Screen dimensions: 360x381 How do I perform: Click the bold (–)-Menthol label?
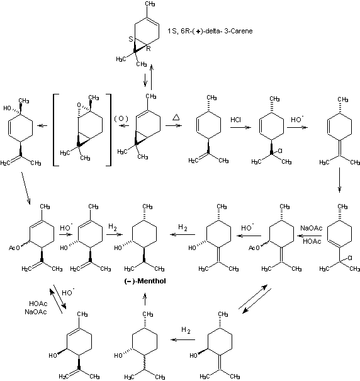(x=145, y=281)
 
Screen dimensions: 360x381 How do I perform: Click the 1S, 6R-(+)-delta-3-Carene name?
(x=210, y=31)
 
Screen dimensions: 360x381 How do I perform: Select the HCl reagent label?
(x=235, y=120)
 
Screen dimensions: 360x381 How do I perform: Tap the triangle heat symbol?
(x=176, y=117)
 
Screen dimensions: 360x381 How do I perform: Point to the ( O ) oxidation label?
(x=121, y=118)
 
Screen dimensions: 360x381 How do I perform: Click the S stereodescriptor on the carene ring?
(x=131, y=39)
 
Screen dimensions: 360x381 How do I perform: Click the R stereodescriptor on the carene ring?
(x=149, y=49)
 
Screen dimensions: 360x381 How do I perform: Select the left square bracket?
(x=55, y=130)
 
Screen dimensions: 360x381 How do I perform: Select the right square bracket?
(x=109, y=130)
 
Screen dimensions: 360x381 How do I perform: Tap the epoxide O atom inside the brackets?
(x=79, y=105)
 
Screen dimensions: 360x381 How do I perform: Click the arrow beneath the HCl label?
(x=240, y=127)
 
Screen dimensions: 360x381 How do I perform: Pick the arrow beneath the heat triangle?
(x=174, y=125)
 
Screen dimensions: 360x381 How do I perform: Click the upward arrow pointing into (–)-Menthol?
(x=145, y=299)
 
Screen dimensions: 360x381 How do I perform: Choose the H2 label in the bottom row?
(x=186, y=330)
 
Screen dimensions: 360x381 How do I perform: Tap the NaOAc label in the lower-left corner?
(x=36, y=312)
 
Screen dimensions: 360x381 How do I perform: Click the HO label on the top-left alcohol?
(x=8, y=108)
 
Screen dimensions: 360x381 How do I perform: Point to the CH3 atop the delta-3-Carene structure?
(x=150, y=4)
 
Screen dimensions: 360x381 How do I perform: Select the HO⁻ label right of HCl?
(x=297, y=119)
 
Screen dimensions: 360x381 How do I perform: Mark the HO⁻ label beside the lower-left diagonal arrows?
(x=68, y=292)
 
